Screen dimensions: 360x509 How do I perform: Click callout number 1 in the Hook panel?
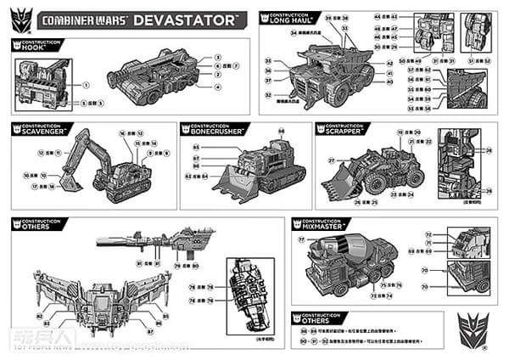pyautogui.click(x=86, y=85)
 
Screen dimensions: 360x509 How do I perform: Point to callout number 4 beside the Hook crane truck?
pyautogui.click(x=218, y=86)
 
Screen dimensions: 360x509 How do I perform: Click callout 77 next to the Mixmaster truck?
pyautogui.click(x=301, y=240)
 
